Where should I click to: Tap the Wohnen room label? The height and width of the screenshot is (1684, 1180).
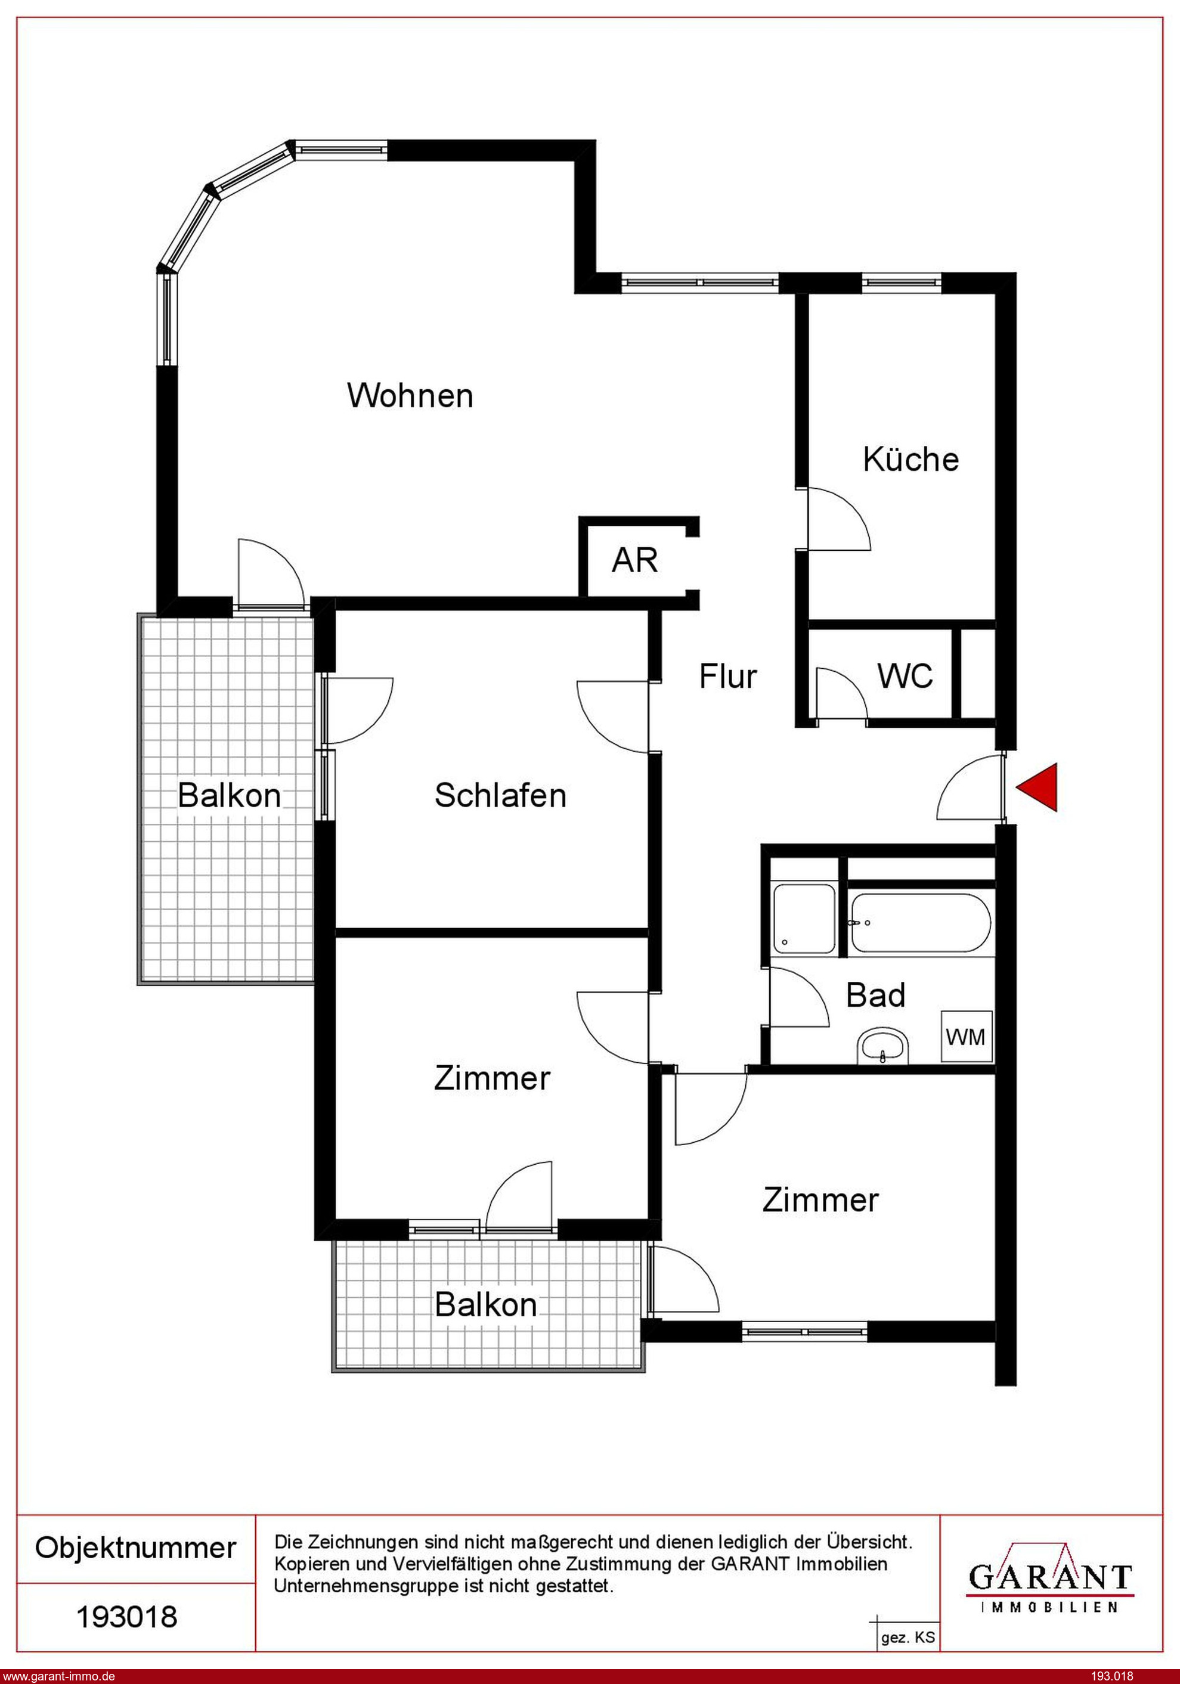click(x=410, y=395)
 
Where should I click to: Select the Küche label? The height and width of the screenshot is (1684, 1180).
click(x=910, y=459)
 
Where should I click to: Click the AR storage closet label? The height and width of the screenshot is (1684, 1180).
click(x=635, y=560)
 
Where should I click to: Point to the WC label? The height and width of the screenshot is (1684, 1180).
click(x=905, y=675)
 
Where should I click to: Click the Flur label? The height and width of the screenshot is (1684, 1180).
click(x=727, y=675)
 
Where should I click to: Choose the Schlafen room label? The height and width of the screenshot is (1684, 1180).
click(x=500, y=795)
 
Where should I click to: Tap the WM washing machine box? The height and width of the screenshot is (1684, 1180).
click(x=967, y=1037)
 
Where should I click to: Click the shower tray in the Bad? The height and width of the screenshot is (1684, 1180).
click(x=804, y=918)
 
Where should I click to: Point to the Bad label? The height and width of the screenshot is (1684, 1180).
click(x=875, y=995)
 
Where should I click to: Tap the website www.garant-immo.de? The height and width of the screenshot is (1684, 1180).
click(x=58, y=1676)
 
